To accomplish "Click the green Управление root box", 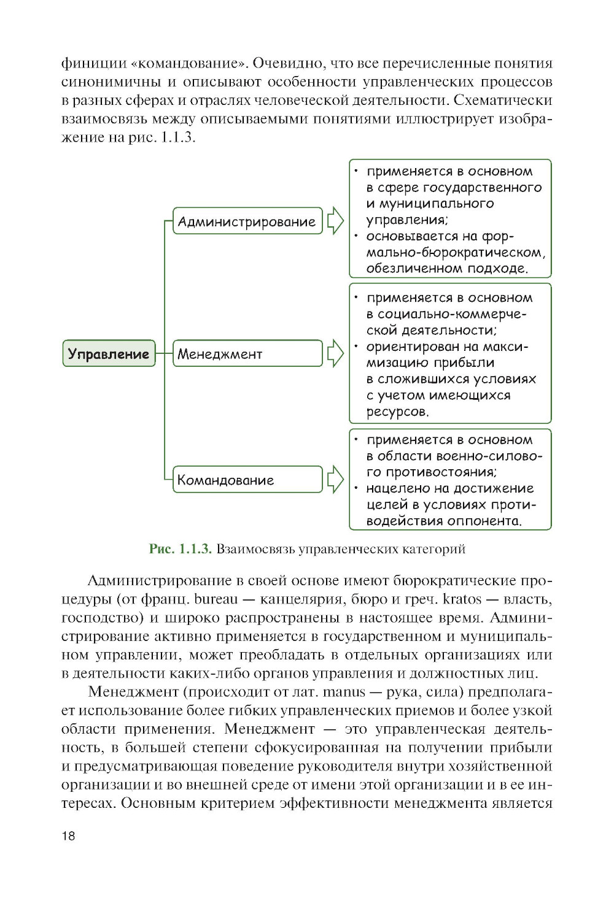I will pos(109,354).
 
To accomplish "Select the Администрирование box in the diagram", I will pos(247,221).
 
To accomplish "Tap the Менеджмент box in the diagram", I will pos(247,354).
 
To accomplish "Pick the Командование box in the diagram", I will pos(247,480).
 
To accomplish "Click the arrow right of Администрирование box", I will pos(335,221).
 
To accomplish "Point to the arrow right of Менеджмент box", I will pos(335,353).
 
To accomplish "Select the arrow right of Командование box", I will pos(335,479).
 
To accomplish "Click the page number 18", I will pos(68,835).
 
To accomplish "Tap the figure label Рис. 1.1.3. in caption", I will pos(180,549).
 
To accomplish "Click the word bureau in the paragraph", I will pos(216,599).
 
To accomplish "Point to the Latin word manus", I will pos(344,692).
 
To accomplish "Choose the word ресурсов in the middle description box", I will pos(397,412).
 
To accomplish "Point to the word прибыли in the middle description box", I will pos(464,363).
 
